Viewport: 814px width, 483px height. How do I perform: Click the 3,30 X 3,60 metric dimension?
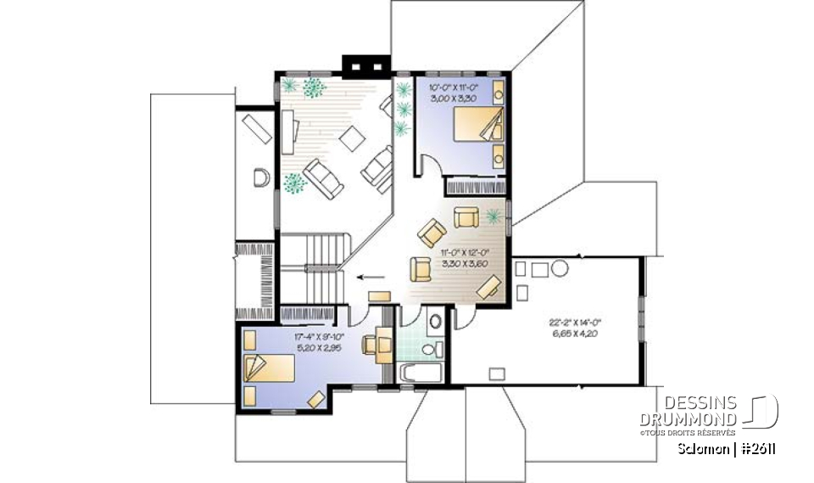[x=465, y=263]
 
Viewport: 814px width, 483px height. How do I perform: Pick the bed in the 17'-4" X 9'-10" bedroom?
[x=270, y=371]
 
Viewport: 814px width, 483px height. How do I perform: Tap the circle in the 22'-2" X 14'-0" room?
[x=560, y=269]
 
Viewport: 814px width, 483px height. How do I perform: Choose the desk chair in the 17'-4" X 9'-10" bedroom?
[x=371, y=345]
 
